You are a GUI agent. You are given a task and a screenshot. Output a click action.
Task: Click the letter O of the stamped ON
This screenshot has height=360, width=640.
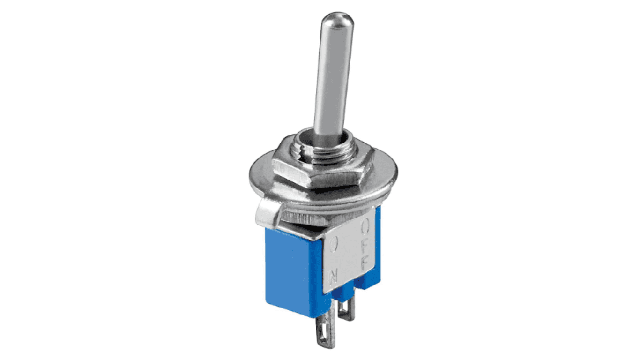pyautogui.click(x=334, y=245)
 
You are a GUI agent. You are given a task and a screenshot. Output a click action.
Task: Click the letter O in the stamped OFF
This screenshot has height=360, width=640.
pyautogui.click(x=365, y=227)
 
